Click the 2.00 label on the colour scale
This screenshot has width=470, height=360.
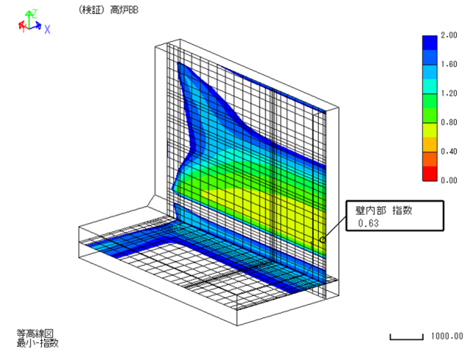tap(449, 35)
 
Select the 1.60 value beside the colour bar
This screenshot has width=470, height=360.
tap(449, 64)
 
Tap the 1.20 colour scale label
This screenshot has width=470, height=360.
tap(449, 93)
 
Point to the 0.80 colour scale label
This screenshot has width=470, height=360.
tap(449, 122)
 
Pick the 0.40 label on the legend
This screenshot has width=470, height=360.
tap(449, 151)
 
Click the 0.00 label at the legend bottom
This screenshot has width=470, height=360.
tap(449, 180)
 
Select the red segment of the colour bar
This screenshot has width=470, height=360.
tap(430, 174)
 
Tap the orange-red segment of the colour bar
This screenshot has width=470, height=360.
tap(430, 159)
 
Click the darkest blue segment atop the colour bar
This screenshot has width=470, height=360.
tap(430, 43)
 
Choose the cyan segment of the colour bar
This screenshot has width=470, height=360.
tap(430, 87)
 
